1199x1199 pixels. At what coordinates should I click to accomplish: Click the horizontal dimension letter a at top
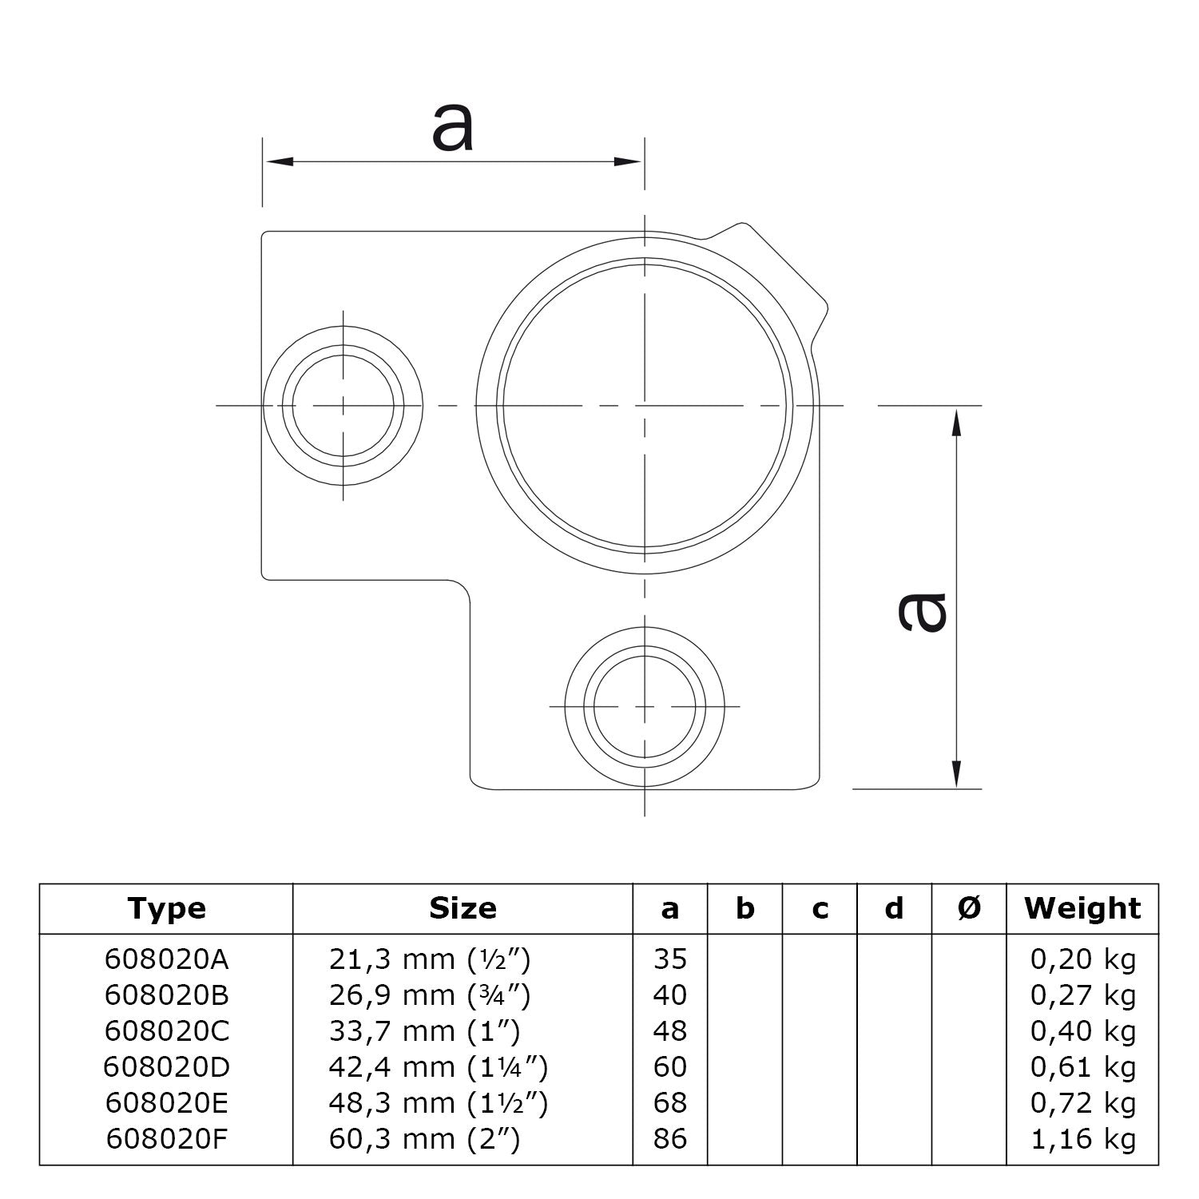[x=453, y=127]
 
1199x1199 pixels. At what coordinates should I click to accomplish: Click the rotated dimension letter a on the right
[x=922, y=612]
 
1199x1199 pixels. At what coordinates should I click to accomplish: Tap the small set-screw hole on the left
[x=343, y=406]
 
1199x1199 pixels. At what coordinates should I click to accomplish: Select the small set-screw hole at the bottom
[x=645, y=707]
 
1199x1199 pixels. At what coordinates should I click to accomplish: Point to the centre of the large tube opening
[x=645, y=406]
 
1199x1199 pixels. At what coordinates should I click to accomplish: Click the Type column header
[x=166, y=908]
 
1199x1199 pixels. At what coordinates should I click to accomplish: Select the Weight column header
[x=1082, y=908]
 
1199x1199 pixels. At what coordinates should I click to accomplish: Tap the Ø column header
[x=969, y=908]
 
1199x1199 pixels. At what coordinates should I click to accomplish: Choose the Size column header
[x=463, y=908]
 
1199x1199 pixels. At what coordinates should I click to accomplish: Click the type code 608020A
[x=166, y=959]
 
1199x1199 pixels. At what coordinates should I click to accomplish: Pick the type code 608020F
[x=166, y=1138]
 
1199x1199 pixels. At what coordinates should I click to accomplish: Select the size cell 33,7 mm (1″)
[x=424, y=1031]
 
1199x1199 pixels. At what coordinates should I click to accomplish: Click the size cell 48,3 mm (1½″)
[x=438, y=1103]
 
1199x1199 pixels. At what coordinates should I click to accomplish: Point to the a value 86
[x=669, y=1138]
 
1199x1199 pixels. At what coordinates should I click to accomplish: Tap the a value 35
[x=669, y=959]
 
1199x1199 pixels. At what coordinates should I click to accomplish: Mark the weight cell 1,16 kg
[x=1082, y=1138]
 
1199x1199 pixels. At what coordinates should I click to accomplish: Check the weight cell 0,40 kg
[x=1082, y=1031]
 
